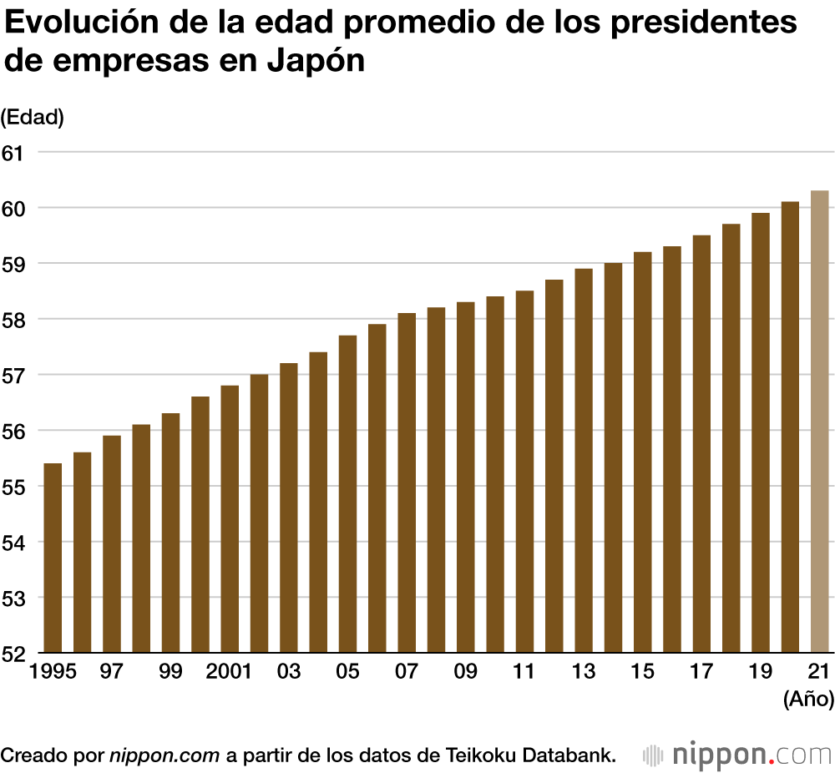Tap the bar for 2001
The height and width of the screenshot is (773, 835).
tap(230, 518)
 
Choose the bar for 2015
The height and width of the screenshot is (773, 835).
tap(642, 452)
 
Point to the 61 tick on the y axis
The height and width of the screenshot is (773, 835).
tap(14, 152)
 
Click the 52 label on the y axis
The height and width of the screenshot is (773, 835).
tap(14, 652)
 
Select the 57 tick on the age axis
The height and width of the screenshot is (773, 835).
tap(14, 375)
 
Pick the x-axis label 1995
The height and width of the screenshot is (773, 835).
tap(52, 672)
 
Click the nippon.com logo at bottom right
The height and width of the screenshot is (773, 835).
tap(738, 755)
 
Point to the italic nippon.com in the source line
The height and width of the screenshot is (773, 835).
tap(164, 755)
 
